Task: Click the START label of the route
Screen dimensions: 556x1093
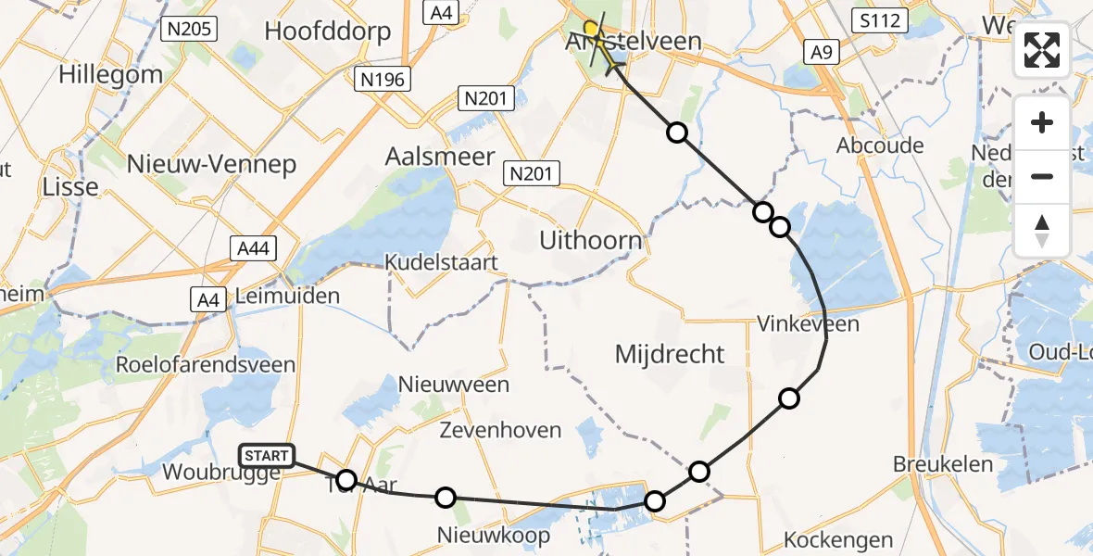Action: (x=267, y=455)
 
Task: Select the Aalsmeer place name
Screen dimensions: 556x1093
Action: (x=440, y=157)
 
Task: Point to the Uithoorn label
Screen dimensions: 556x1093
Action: (x=591, y=242)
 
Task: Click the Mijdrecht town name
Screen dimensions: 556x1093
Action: (x=670, y=353)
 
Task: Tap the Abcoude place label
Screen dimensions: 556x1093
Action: (x=880, y=145)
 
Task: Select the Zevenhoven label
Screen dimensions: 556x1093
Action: (x=500, y=430)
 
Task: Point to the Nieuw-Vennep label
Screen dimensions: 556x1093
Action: (x=212, y=165)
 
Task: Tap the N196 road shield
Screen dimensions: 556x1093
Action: (x=382, y=80)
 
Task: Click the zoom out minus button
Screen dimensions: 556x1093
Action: (x=1042, y=176)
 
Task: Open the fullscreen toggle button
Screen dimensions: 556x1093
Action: (x=1042, y=50)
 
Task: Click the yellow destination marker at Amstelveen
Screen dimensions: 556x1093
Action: (x=590, y=28)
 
